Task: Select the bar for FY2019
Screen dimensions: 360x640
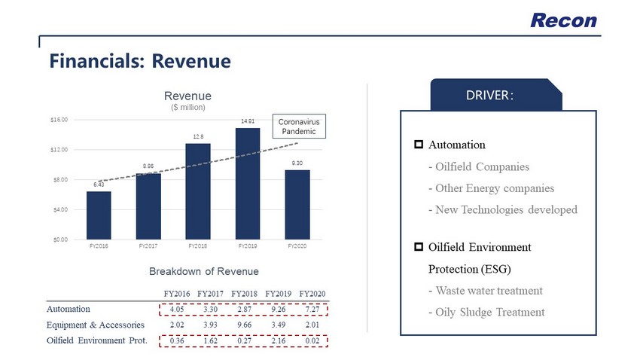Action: point(248,184)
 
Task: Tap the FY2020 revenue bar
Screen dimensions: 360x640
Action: point(297,205)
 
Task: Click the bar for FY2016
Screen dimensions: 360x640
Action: point(99,215)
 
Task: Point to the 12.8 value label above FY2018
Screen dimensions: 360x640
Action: point(198,136)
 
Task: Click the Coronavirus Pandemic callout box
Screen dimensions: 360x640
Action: point(300,126)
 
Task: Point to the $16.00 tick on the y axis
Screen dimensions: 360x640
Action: point(59,120)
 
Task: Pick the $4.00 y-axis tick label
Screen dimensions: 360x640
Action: point(59,209)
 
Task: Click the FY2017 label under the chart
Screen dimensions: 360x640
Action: point(148,246)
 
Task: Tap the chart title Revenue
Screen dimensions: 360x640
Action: point(187,96)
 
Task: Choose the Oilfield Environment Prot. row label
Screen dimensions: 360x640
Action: point(96,341)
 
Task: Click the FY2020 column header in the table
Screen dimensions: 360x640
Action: point(312,292)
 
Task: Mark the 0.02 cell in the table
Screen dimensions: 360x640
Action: point(315,341)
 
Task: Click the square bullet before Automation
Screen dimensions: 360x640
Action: point(418,145)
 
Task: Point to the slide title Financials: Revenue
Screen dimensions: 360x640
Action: point(140,59)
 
